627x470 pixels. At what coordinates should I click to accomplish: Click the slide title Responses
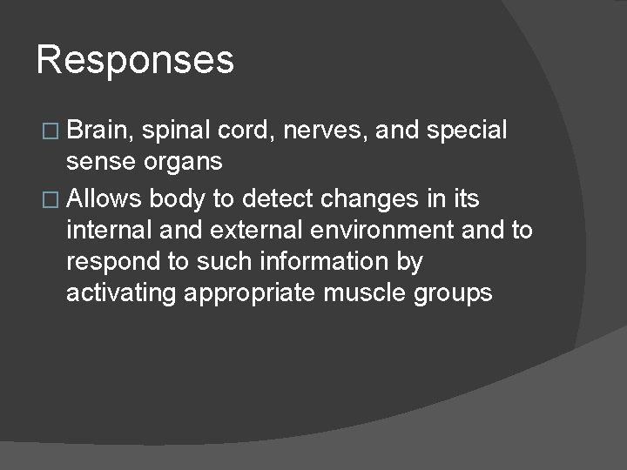tap(135, 61)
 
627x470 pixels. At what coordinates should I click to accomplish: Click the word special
tap(467, 131)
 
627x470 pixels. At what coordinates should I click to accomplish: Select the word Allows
tap(104, 198)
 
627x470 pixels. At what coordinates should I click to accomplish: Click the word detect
tap(272, 198)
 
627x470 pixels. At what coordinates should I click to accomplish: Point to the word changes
tap(367, 198)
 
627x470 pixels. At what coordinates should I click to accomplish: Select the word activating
tap(122, 292)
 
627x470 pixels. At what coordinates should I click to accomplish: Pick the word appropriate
tap(251, 293)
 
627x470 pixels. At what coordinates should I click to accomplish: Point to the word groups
tap(454, 293)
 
